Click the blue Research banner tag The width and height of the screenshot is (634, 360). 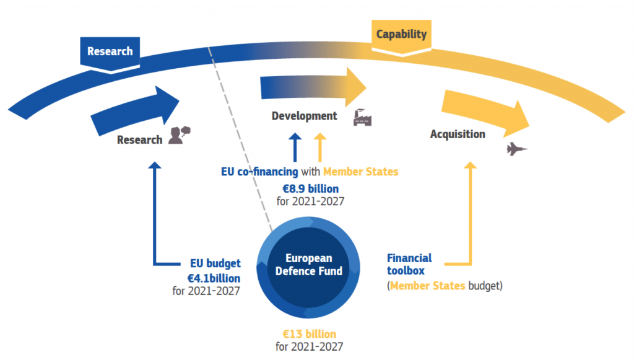tap(110, 55)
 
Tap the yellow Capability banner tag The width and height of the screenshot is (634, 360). tap(401, 37)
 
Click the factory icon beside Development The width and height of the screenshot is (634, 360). tap(362, 118)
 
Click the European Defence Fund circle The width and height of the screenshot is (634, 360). tap(308, 268)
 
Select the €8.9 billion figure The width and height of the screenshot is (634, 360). tap(311, 189)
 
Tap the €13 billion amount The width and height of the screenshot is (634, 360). tap(310, 334)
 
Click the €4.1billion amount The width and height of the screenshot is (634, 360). tap(214, 278)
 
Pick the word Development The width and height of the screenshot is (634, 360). tap(304, 116)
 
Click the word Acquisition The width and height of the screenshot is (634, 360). tap(458, 134)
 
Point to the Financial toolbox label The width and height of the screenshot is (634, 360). tap(409, 264)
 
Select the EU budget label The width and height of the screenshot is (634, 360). tap(215, 263)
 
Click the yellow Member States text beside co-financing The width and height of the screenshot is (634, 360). tap(361, 172)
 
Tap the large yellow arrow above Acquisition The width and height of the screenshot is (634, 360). tap(485, 112)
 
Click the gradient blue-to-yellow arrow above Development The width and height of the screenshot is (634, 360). tap(313, 87)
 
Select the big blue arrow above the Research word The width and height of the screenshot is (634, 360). tap(135, 110)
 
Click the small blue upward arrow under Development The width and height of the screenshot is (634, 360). tap(295, 147)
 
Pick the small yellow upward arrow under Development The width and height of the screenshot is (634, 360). tap(320, 147)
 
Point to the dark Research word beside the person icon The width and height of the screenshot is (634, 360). tap(139, 140)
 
